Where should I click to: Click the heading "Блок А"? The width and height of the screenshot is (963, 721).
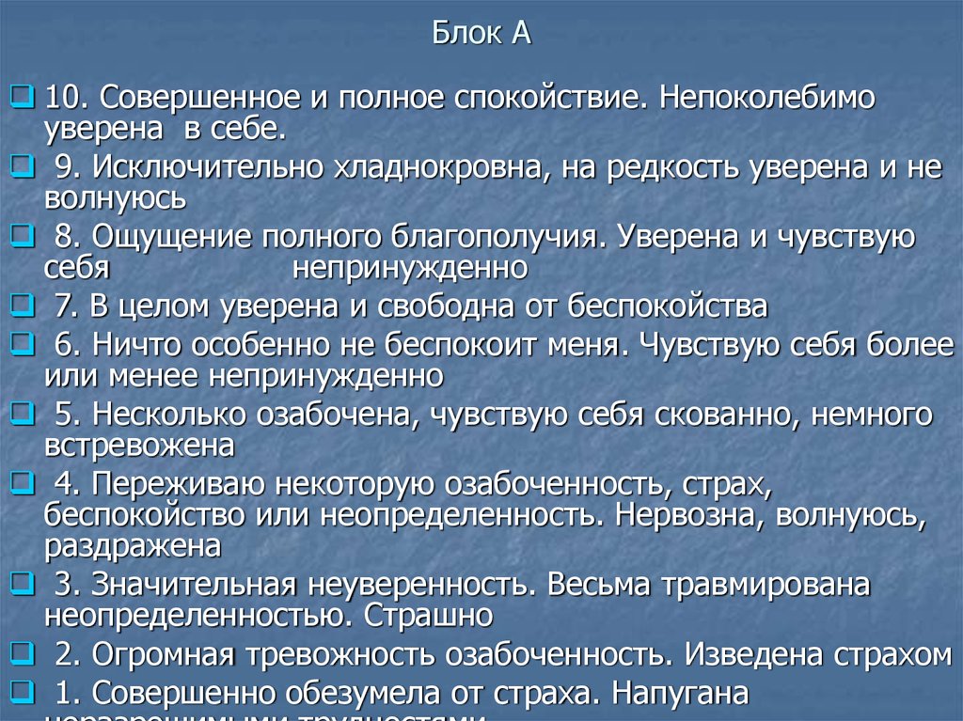tap(481, 35)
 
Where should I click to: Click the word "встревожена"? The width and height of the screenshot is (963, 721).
tap(138, 444)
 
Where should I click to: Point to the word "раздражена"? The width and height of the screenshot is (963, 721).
tap(132, 546)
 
